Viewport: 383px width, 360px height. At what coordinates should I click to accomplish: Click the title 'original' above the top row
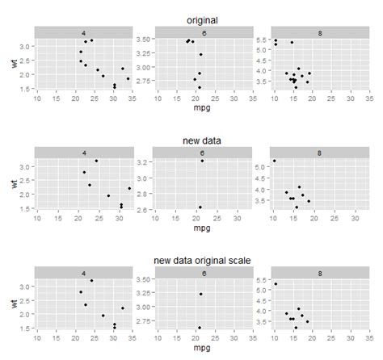click(202, 20)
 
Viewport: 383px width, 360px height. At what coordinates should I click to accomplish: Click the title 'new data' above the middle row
click(202, 140)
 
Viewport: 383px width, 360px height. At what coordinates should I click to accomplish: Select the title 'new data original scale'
click(202, 260)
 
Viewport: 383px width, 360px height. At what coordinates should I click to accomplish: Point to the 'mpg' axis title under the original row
click(202, 107)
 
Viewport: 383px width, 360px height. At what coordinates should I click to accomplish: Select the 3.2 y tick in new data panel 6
click(141, 162)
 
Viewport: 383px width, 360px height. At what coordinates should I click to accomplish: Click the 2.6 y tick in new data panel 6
click(141, 209)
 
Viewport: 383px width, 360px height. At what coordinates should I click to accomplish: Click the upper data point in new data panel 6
click(202, 161)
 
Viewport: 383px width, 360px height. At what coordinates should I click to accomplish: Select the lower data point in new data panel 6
click(200, 207)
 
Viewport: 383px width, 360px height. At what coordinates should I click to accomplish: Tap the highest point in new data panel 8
click(274, 161)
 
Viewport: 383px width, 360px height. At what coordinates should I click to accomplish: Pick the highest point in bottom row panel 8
click(276, 284)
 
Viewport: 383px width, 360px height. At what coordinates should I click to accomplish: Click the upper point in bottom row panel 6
click(201, 294)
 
